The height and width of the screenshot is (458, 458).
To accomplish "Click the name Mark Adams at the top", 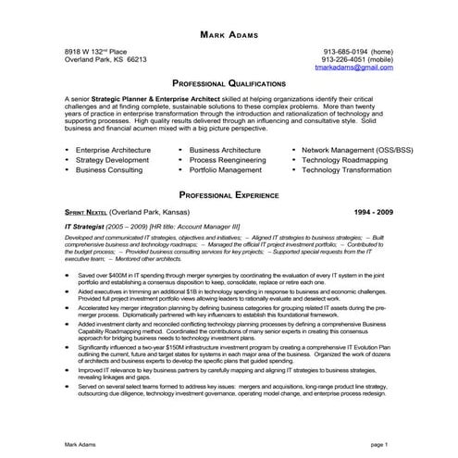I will point(229,34).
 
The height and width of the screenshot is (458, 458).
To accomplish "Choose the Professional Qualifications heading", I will point(229,81).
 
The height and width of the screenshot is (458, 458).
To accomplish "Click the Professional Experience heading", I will point(229,196).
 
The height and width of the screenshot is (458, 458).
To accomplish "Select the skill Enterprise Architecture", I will point(114,148).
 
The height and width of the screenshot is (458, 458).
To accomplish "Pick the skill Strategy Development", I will point(112,159).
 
